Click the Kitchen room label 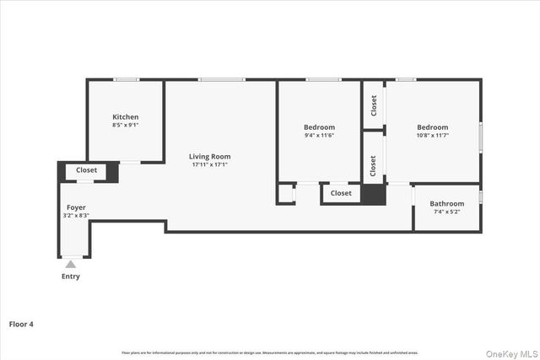tap(126, 116)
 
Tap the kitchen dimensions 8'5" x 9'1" tap(126, 125)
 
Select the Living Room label tap(209, 156)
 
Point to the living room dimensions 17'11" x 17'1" tap(209, 164)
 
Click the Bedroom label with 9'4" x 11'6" tap(319, 127)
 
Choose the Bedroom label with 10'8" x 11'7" tap(432, 127)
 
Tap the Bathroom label tap(446, 203)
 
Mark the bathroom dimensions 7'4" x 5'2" tap(446, 212)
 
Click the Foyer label tap(76, 207)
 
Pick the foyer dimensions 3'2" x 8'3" tap(76, 215)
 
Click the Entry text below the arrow tap(72, 277)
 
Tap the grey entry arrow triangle tap(71, 265)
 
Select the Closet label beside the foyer tap(86, 170)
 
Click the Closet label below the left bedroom tap(341, 193)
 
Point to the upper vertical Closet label tap(373, 105)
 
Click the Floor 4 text tap(22, 323)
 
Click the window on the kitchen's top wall tap(127, 80)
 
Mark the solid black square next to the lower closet tap(372, 194)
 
